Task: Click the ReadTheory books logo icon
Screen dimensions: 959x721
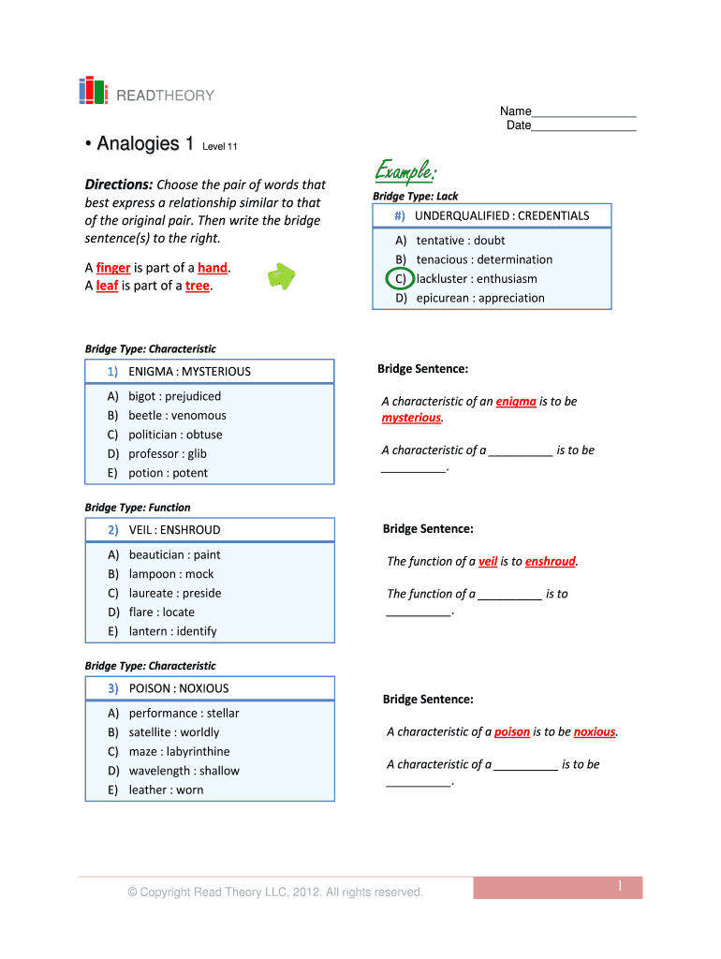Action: click(93, 91)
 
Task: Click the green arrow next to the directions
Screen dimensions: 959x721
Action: click(281, 276)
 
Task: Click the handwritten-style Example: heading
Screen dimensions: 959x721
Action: click(405, 171)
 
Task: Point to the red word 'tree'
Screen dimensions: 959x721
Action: click(198, 287)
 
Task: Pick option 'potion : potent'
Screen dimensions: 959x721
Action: click(168, 473)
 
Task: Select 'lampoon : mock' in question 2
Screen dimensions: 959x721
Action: click(171, 574)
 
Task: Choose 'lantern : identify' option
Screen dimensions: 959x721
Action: click(172, 631)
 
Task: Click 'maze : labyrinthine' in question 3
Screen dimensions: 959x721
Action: click(179, 751)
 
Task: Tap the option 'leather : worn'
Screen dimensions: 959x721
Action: click(166, 789)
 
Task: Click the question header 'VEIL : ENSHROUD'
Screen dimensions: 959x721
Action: click(174, 530)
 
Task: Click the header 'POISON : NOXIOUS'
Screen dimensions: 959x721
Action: click(178, 688)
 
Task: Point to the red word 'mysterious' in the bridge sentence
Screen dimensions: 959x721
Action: click(410, 418)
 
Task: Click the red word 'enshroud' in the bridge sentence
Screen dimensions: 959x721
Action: click(550, 562)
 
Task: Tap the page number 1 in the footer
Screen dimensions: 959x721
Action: click(620, 887)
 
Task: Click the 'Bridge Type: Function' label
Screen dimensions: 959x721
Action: click(138, 508)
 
